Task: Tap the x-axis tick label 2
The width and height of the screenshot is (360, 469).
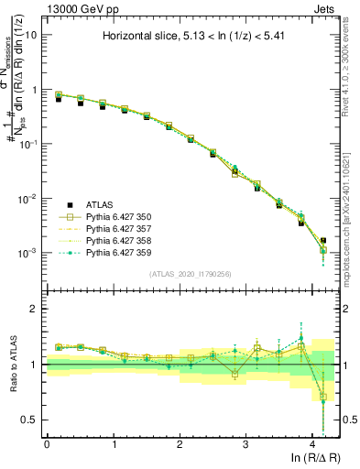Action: (x=180, y=444)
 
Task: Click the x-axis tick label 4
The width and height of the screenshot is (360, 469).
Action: (x=312, y=444)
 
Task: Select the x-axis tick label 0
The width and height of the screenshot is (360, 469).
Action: (x=47, y=444)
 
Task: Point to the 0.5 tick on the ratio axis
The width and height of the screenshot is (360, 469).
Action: (x=30, y=420)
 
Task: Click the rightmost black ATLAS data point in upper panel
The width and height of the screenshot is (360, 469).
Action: (x=322, y=241)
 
